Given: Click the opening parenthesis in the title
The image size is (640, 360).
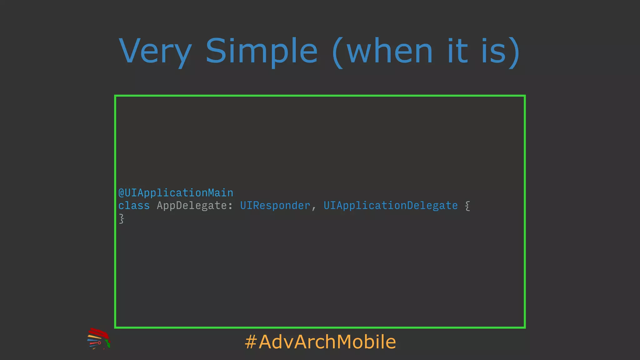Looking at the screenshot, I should pyautogui.click(x=338, y=52).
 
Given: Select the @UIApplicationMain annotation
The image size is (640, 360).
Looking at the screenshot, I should pyautogui.click(x=176, y=193).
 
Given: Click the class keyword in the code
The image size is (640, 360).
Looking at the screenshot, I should pyautogui.click(x=134, y=206).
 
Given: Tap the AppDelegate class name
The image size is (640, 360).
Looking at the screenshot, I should pyautogui.click(x=192, y=206).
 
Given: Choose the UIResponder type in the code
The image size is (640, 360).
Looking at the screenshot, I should pyautogui.click(x=275, y=206).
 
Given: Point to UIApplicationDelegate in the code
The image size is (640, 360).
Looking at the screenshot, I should pyautogui.click(x=390, y=206).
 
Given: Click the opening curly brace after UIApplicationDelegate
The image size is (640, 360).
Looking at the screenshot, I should pyautogui.click(x=467, y=206).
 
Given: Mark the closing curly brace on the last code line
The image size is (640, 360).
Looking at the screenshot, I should pyautogui.click(x=122, y=219).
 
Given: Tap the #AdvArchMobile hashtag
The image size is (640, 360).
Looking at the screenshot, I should pyautogui.click(x=320, y=342).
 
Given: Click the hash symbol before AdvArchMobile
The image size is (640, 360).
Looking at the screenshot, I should pyautogui.click(x=251, y=342).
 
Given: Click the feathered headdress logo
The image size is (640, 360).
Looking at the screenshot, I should pyautogui.click(x=99, y=338).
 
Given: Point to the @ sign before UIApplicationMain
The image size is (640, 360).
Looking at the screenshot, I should pyautogui.click(x=121, y=193).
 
